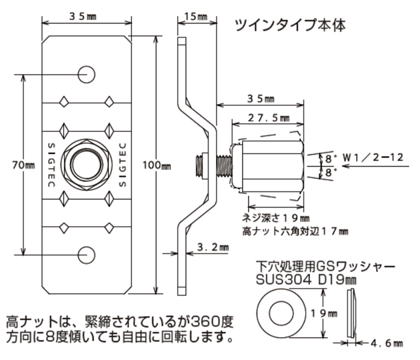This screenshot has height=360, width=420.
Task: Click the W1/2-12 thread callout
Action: [x=377, y=158]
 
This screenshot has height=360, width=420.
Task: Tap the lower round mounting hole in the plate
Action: [x=86, y=253]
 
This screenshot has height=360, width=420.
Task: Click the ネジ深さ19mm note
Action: [x=275, y=218]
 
